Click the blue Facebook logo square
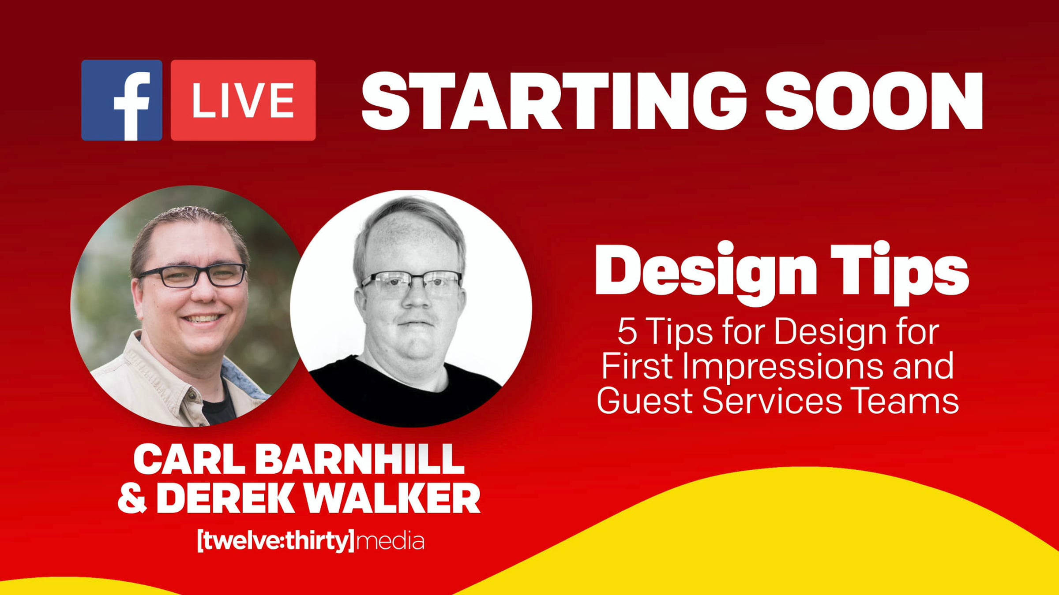pos(122,100)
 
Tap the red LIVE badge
pos(243,100)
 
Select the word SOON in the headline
pos(874,101)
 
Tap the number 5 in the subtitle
pos(627,331)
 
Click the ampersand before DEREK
pos(132,498)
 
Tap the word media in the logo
pos(390,541)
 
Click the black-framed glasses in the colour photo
pos(193,275)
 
